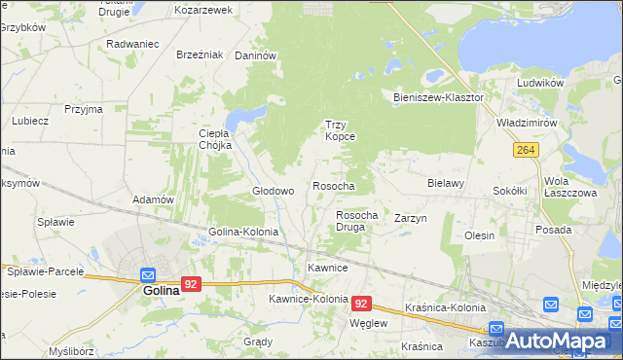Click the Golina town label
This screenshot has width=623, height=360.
coord(161,290)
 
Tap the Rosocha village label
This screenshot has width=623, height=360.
coord(333,185)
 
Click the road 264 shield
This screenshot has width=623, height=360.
coord(527,149)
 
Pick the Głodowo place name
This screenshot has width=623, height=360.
coord(273,191)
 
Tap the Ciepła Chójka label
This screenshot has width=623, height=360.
coord(214,139)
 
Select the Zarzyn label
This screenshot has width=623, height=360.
coord(411,219)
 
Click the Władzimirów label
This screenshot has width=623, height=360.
coord(526,125)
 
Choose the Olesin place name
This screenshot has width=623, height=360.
coord(480,235)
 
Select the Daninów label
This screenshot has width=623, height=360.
coord(257,56)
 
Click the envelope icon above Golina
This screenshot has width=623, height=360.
coord(148,274)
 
